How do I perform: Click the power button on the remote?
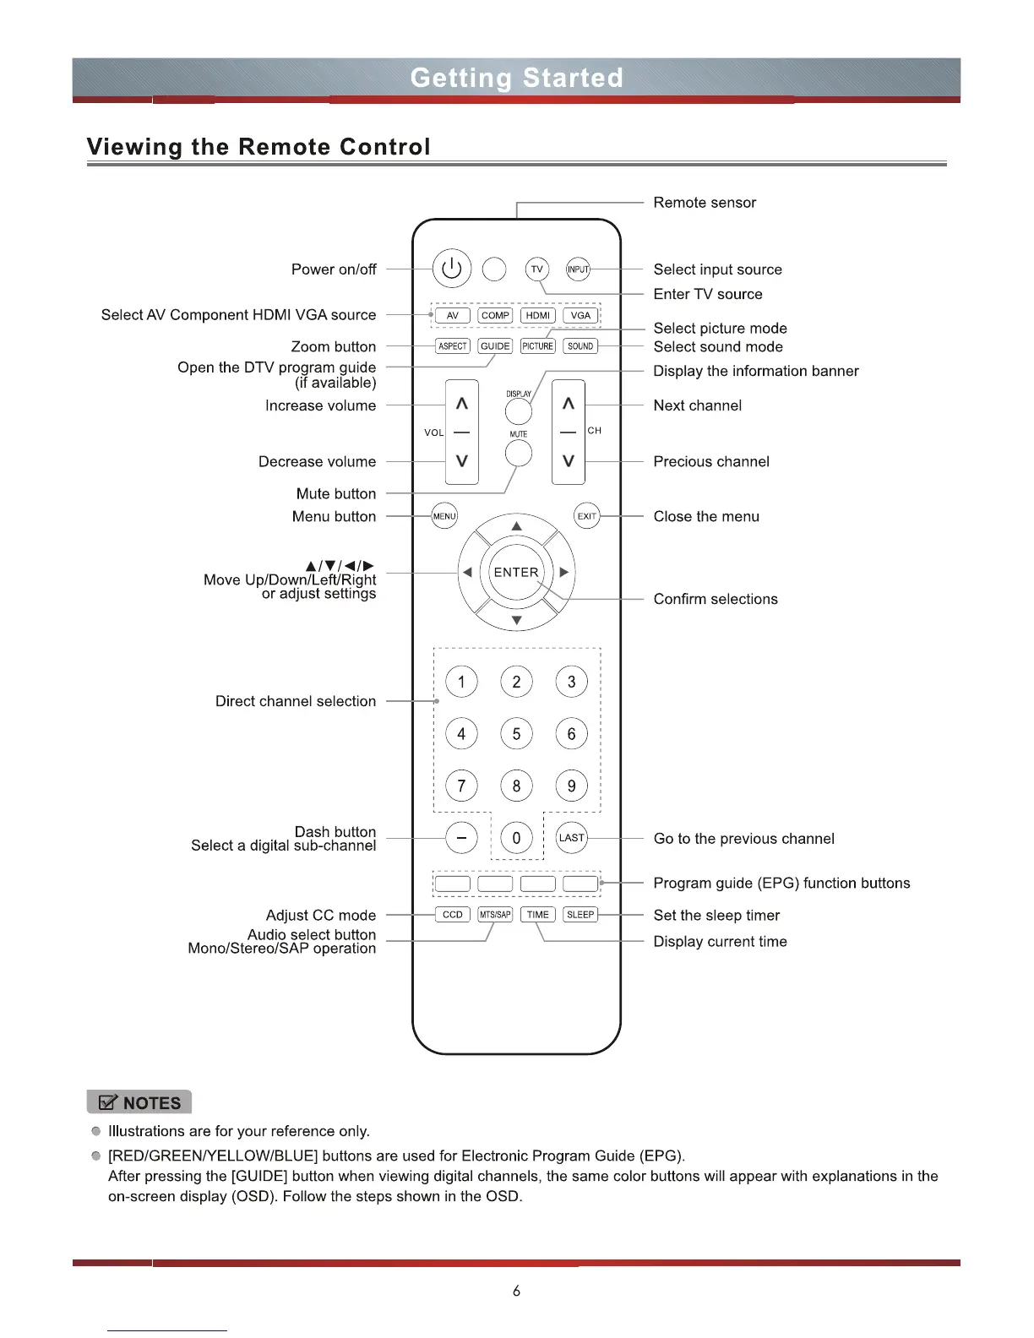coord(452,269)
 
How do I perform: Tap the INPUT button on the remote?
coord(578,269)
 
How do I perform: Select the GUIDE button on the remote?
coord(495,346)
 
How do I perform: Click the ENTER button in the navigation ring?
coord(516,572)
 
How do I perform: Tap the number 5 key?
coord(516,734)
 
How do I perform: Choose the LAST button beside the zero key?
coord(572,838)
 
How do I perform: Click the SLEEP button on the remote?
coord(580,915)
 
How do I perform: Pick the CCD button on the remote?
coord(453,915)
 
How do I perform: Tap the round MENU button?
coord(444,516)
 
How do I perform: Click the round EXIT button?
coord(587,516)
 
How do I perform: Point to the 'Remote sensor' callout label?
coord(705,203)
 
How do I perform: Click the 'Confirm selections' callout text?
coord(716,599)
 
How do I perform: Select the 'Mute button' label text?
coord(336,494)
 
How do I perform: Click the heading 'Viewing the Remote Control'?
coord(258,147)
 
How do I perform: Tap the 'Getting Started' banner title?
coord(516,78)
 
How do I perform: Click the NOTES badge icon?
coord(140,1103)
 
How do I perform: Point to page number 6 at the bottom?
coord(516,1291)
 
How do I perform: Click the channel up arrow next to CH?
coord(569,404)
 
